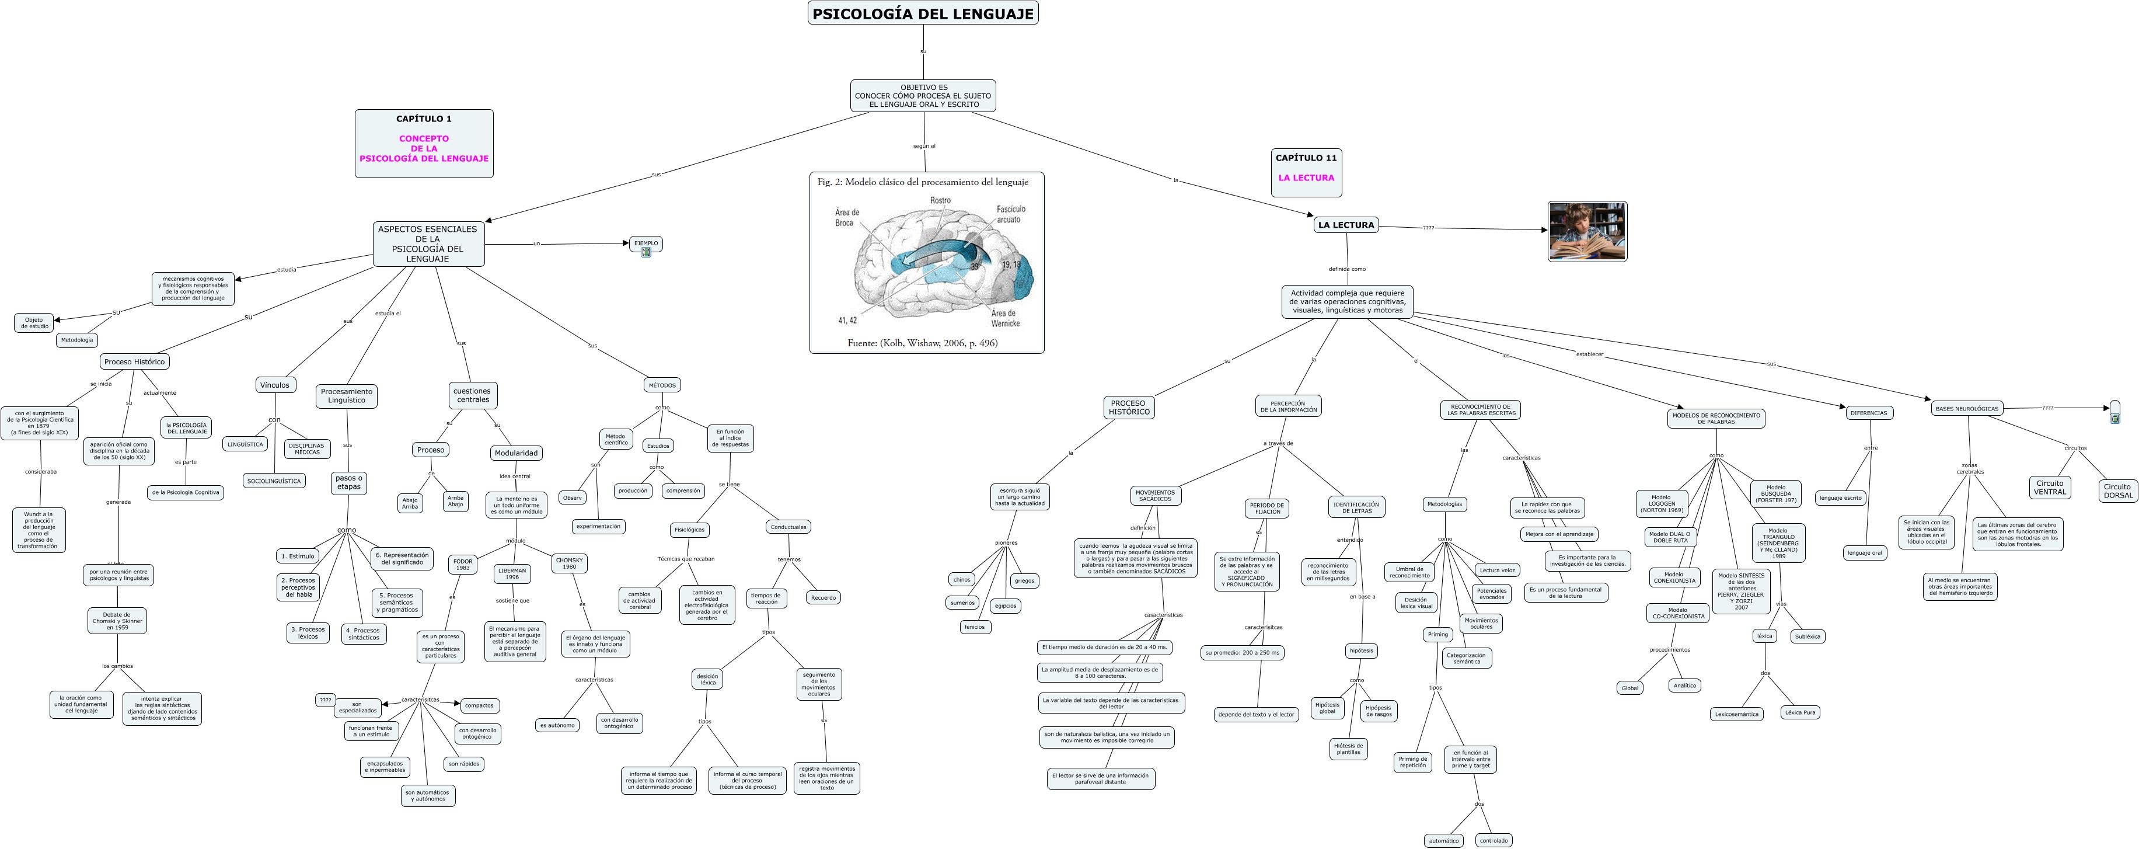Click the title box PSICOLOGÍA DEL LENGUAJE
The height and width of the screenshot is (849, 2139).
(x=923, y=13)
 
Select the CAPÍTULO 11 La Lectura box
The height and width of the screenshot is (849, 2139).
(x=1306, y=172)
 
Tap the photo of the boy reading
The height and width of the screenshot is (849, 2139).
(x=1587, y=231)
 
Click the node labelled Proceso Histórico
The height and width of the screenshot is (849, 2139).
(x=134, y=361)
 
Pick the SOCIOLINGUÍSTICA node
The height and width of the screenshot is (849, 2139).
(x=274, y=481)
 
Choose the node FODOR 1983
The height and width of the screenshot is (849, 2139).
(x=462, y=564)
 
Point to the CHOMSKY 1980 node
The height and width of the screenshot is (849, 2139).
(x=569, y=563)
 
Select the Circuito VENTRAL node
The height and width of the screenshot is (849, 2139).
(x=2049, y=488)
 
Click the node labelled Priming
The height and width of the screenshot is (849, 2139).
(x=1437, y=634)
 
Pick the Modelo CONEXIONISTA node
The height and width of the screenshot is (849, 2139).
(x=1674, y=577)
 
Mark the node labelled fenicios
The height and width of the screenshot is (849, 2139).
(x=974, y=627)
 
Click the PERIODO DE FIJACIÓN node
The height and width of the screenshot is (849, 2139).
(x=1267, y=509)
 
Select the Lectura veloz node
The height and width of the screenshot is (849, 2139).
(x=1497, y=570)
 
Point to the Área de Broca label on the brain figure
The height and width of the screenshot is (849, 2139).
(x=846, y=218)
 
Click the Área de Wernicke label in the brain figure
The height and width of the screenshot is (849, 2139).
(x=1005, y=318)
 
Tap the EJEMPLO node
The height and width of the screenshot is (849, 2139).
(x=646, y=243)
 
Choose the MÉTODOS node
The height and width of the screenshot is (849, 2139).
(x=662, y=385)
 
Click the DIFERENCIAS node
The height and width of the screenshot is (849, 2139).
(x=1868, y=413)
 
